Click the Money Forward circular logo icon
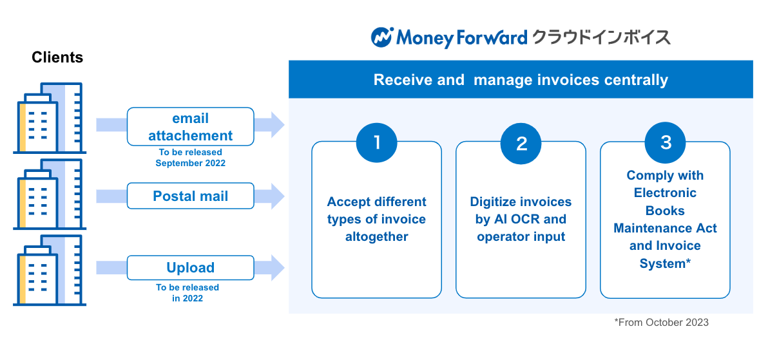381,37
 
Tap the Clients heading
57,57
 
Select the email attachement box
190,127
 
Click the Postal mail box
190,196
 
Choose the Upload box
190,267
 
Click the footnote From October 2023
661,322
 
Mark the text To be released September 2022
190,158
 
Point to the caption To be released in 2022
188,293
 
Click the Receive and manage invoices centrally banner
521,80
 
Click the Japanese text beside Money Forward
601,37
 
